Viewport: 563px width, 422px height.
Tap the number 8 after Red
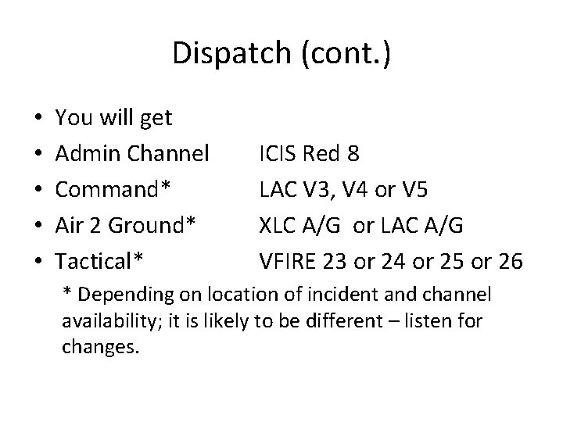(x=354, y=154)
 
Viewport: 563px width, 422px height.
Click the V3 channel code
(x=317, y=188)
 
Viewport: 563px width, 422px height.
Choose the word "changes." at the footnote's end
(x=100, y=346)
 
